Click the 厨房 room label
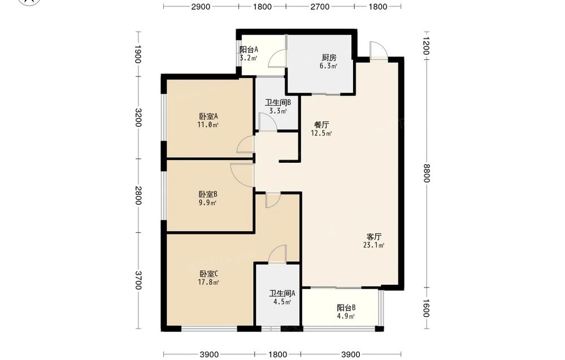tap(329, 57)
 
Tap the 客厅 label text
tap(373, 237)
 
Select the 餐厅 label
tap(321, 125)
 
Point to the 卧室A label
tap(208, 116)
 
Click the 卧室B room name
tap(208, 194)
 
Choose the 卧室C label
tap(208, 274)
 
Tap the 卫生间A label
tap(282, 293)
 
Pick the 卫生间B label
tap(278, 102)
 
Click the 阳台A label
tap(249, 49)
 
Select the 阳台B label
tap(346, 308)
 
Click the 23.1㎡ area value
tap(373, 245)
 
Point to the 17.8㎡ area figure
tap(208, 282)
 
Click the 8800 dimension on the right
tap(426, 174)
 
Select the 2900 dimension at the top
tap(201, 6)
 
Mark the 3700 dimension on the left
tap(138, 280)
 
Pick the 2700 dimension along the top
tap(320, 6)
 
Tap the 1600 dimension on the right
tap(426, 308)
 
